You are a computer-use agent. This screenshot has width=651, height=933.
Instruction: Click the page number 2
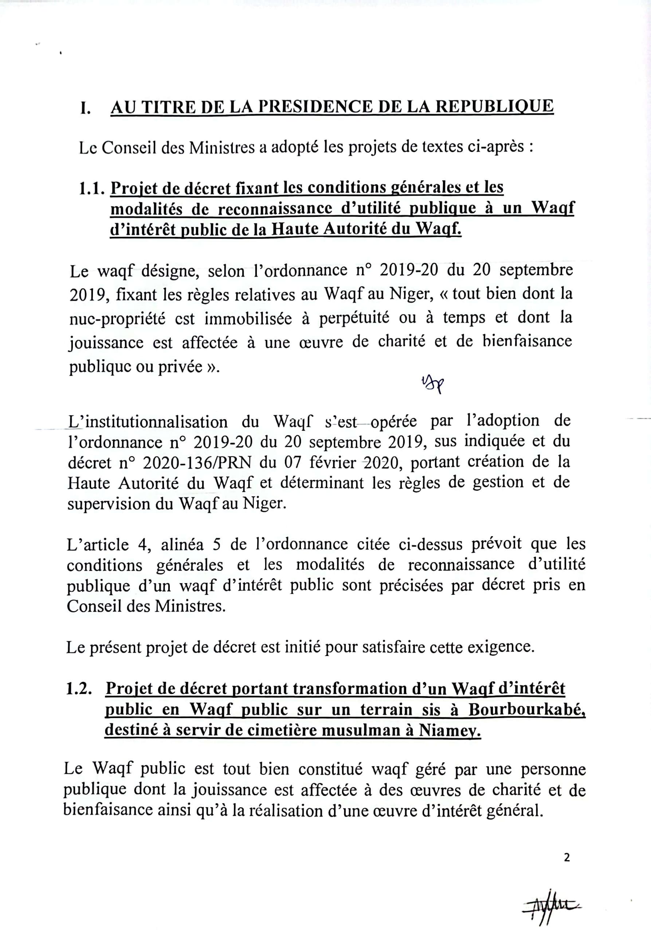[567, 858]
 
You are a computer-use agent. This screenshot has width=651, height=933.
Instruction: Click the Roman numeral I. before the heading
[85, 108]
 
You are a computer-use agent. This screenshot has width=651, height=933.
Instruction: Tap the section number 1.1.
[93, 188]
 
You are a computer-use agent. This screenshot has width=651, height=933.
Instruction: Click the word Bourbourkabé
[527, 710]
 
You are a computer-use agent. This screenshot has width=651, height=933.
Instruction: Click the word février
[333, 462]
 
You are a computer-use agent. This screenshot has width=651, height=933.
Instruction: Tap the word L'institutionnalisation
[148, 422]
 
